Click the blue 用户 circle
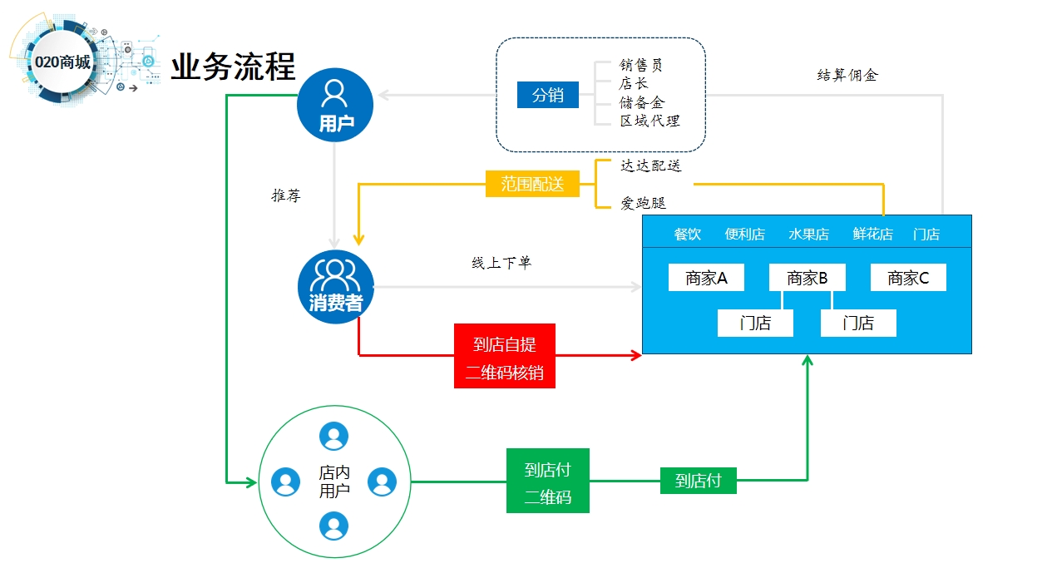click(335, 105)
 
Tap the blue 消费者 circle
click(335, 287)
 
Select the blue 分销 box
click(547, 95)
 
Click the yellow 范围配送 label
click(532, 184)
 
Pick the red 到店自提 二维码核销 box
click(504, 356)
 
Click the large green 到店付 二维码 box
click(547, 481)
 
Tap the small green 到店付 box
click(698, 481)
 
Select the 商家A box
click(706, 278)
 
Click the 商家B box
click(807, 278)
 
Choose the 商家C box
click(908, 278)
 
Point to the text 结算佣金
click(847, 75)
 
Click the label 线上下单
click(501, 263)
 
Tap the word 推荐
click(286, 196)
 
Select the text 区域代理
click(649, 121)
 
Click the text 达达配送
click(650, 165)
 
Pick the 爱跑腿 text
click(643, 203)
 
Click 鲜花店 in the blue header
click(872, 234)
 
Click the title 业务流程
click(233, 67)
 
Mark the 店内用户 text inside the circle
click(334, 481)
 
